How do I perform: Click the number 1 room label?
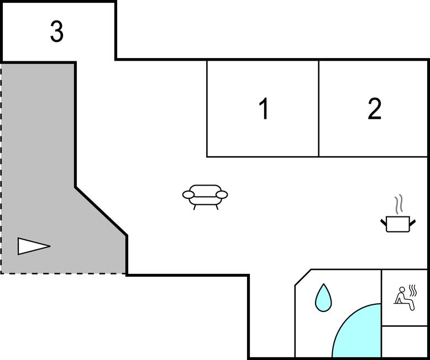pyautogui.click(x=264, y=108)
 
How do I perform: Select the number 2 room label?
pyautogui.click(x=374, y=109)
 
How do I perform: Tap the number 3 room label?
pyautogui.click(x=57, y=31)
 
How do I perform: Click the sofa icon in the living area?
pyautogui.click(x=205, y=197)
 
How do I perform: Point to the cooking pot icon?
pyautogui.click(x=398, y=224)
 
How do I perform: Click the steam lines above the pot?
pyautogui.click(x=398, y=204)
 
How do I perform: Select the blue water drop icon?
pyautogui.click(x=323, y=298)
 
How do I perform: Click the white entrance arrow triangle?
pyautogui.click(x=34, y=246)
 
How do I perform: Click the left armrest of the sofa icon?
pyautogui.click(x=188, y=194)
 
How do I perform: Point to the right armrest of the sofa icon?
pyautogui.click(x=222, y=194)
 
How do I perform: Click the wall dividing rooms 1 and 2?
pyautogui.click(x=319, y=108)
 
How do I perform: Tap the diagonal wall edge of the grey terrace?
pyautogui.click(x=101, y=211)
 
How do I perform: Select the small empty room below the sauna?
pyautogui.click(x=404, y=341)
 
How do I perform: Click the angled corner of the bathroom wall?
pyautogui.click(x=303, y=277)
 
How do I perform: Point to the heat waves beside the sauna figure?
pyautogui.click(x=413, y=290)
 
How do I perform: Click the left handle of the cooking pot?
pyautogui.click(x=384, y=223)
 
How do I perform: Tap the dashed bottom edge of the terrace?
pyautogui.click(x=63, y=273)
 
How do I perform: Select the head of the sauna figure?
pyautogui.click(x=402, y=289)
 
